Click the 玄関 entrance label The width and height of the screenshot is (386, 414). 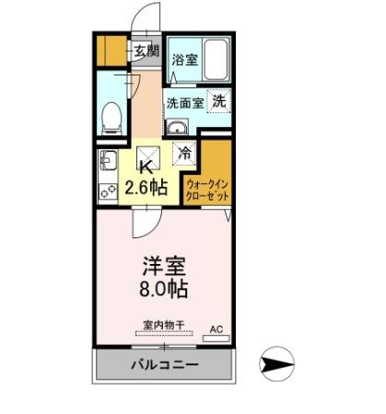(x=146, y=52)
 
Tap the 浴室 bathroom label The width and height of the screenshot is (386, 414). (x=184, y=60)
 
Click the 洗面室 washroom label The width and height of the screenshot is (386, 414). (x=183, y=102)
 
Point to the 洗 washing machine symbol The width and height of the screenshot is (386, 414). (x=219, y=101)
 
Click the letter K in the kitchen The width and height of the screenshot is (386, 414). (x=145, y=167)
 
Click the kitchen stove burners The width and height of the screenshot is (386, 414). (x=106, y=190)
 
